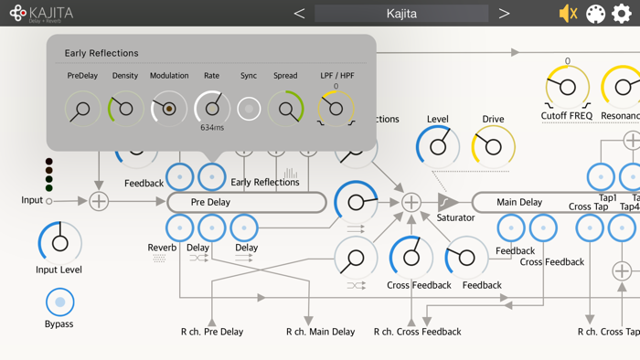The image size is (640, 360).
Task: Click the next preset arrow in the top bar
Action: (x=504, y=14)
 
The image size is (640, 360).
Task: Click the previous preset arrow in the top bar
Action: (x=299, y=14)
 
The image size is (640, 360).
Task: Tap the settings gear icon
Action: (x=622, y=14)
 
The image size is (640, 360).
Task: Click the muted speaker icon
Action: (x=568, y=14)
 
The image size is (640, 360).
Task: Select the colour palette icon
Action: (x=595, y=14)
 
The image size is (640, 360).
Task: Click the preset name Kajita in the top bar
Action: (x=401, y=14)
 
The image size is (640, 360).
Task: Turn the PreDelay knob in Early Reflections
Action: (x=82, y=109)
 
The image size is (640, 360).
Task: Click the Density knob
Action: (x=125, y=109)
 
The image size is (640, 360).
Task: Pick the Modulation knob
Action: (x=169, y=109)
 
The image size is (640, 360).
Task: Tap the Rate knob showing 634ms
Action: (x=212, y=108)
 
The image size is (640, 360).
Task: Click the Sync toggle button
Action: (x=249, y=109)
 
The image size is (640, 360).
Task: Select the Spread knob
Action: (x=285, y=109)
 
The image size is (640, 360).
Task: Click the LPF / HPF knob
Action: (x=336, y=109)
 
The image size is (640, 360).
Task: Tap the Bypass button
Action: (x=59, y=302)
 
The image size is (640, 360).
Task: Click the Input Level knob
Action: (x=59, y=243)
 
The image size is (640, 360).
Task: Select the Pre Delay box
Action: (x=247, y=202)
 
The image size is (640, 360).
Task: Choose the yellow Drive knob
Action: (x=493, y=146)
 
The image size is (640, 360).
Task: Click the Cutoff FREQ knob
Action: (x=567, y=88)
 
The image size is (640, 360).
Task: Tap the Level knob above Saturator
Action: (x=438, y=146)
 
